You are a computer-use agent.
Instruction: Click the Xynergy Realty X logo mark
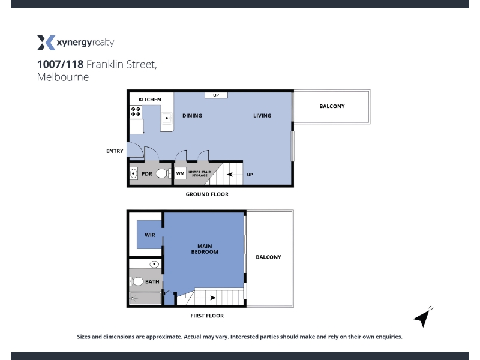[x=46, y=43]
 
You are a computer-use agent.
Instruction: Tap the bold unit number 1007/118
[x=61, y=64]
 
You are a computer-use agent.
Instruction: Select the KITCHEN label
[x=149, y=100]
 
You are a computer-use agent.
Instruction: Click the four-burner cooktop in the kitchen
[x=136, y=112]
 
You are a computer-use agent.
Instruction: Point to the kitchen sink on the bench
[x=167, y=118]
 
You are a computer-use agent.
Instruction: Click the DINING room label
[x=192, y=115]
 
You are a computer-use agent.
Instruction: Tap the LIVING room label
[x=262, y=115]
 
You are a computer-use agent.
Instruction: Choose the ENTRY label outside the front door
[x=115, y=151]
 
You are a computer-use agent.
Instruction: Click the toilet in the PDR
[x=163, y=173]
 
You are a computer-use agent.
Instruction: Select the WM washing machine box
[x=181, y=173]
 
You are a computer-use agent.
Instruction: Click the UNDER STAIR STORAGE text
[x=200, y=173]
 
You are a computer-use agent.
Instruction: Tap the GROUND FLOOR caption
[x=207, y=194]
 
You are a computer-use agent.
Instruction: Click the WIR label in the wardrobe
[x=149, y=235]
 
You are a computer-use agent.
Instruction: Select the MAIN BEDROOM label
[x=205, y=249]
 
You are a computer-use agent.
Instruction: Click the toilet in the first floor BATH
[x=137, y=281]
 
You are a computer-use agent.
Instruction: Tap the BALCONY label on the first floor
[x=268, y=257]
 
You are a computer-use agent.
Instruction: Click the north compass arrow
[x=422, y=318]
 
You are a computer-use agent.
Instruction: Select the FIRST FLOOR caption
[x=207, y=316]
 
